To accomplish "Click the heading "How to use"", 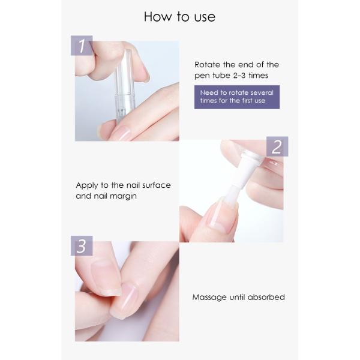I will point(179,16).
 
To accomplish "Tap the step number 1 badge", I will point(82,45).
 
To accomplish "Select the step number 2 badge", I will point(277,146).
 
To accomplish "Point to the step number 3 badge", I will point(82,247).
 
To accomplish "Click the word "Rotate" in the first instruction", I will point(208,65).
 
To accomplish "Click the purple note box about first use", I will point(236,97).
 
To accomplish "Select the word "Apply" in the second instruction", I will point(88,185).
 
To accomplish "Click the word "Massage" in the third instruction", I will point(210,297).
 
